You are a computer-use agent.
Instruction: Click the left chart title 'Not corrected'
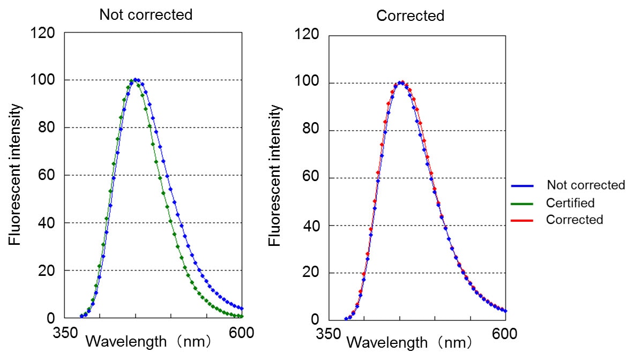(x=146, y=14)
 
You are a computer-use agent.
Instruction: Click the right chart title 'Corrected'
(x=410, y=16)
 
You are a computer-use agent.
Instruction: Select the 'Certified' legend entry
(x=570, y=203)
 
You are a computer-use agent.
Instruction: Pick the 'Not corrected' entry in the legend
(x=586, y=185)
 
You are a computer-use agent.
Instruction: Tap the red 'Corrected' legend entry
(x=574, y=220)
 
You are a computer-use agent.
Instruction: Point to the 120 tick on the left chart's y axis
(x=43, y=33)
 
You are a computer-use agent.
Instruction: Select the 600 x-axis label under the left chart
(x=242, y=333)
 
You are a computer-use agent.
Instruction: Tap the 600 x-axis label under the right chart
(x=505, y=334)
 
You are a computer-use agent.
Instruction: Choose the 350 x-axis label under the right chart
(x=327, y=334)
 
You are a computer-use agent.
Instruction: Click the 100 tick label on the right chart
(x=308, y=83)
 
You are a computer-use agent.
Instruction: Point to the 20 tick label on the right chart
(x=311, y=273)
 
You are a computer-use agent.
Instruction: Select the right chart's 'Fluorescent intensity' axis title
(x=275, y=176)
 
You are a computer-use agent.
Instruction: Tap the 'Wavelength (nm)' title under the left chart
(x=149, y=341)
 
